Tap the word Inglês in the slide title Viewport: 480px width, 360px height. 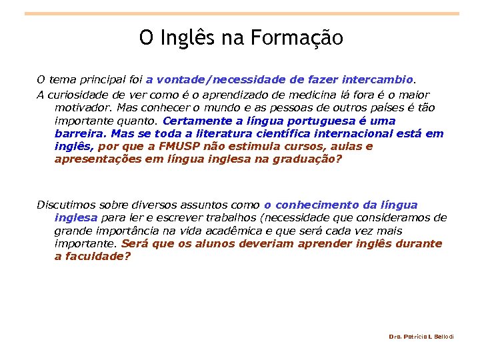click(x=191, y=38)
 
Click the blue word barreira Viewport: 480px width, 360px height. click(x=79, y=133)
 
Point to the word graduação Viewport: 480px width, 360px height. click(x=305, y=159)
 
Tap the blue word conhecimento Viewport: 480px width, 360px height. click(x=315, y=205)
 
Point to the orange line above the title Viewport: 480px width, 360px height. click(x=241, y=13)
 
